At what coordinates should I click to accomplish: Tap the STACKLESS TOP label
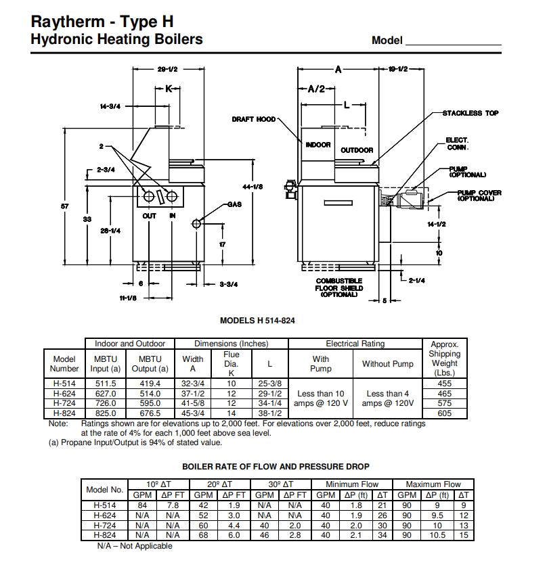coord(471,113)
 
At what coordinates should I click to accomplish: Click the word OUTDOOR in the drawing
coord(357,150)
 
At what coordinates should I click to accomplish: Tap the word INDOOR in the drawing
coord(318,145)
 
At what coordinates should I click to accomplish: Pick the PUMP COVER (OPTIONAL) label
coord(479,196)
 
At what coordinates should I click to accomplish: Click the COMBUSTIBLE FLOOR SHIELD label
coord(338,288)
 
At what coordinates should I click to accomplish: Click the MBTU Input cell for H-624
coord(106,392)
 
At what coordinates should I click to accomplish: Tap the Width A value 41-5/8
coord(194,403)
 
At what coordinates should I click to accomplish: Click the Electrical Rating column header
coord(355,344)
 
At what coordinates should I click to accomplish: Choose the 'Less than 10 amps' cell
coord(321,398)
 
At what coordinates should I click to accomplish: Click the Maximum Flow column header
coord(433,484)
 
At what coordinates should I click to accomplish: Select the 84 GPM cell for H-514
coord(143,505)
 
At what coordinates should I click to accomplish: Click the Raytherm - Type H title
coord(103,22)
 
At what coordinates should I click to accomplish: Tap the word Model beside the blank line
coord(387,41)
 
